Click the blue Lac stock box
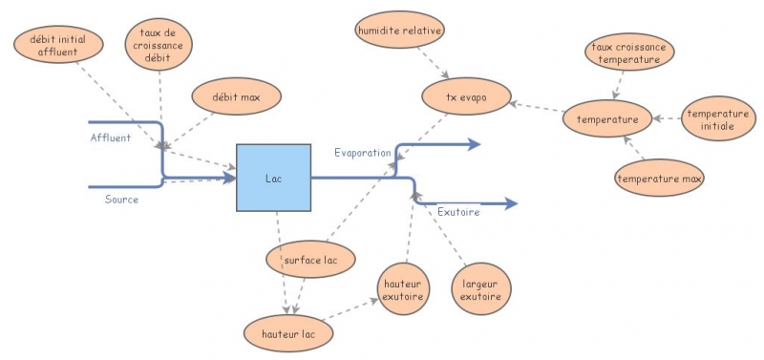273,178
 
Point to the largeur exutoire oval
480,288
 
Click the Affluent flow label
111,138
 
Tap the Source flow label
121,200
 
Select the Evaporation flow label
362,152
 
